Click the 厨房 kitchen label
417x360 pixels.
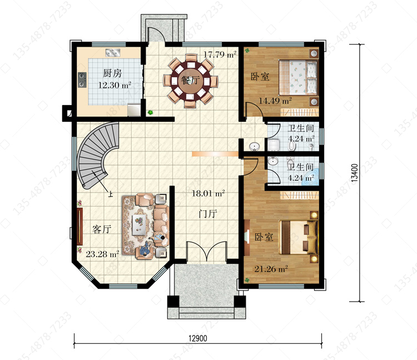pyautogui.click(x=112, y=73)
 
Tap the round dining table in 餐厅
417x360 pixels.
pyautogui.click(x=191, y=80)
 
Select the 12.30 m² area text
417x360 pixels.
pyautogui.click(x=115, y=85)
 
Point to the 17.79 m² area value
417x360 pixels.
pyautogui.click(x=220, y=55)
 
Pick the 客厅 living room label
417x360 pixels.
pyautogui.click(x=102, y=229)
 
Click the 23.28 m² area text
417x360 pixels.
pyautogui.click(x=102, y=254)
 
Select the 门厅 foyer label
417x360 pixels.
pyautogui.click(x=208, y=214)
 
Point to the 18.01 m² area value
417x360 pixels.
pyautogui.click(x=209, y=193)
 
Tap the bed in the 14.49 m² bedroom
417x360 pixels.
pyautogui.click(x=298, y=77)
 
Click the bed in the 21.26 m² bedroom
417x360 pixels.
pyautogui.click(x=298, y=237)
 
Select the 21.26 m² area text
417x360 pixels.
pyautogui.click(x=271, y=269)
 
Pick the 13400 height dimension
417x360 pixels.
pyautogui.click(x=355, y=173)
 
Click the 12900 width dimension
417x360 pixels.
pyautogui.click(x=197, y=338)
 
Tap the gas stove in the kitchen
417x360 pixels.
pyautogui.click(x=82, y=80)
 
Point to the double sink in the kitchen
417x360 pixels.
pyautogui.click(x=113, y=53)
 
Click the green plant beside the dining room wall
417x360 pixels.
pyautogui.click(x=150, y=112)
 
